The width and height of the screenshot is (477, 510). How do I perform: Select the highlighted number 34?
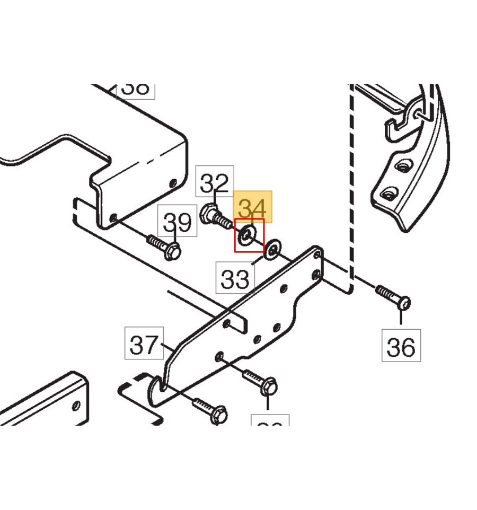253,206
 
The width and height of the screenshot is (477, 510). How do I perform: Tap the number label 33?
235,278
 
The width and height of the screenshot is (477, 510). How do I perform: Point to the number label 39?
176,223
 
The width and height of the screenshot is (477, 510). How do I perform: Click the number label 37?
144,345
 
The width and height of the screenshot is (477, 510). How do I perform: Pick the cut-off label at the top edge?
136,89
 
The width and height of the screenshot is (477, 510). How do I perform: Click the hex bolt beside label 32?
215,217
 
